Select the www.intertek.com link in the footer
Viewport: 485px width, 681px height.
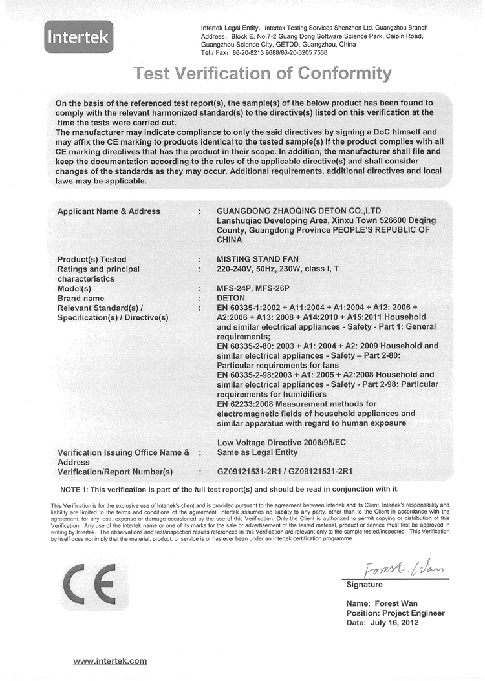tap(110, 661)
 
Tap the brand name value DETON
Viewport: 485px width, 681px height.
tap(232, 298)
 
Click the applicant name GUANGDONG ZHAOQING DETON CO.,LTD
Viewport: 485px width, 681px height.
tap(299, 211)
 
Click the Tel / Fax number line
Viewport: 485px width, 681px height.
tap(264, 53)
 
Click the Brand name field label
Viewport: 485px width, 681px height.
tap(81, 298)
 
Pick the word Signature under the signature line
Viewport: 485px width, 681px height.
tap(365, 585)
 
